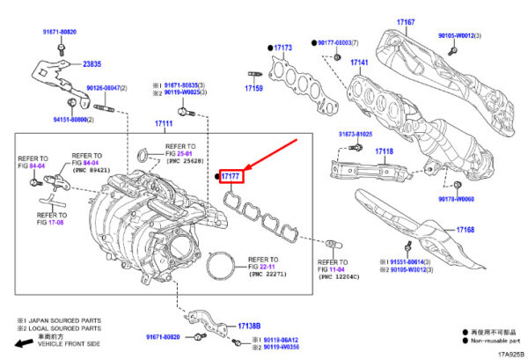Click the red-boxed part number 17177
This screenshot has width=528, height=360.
(231, 177)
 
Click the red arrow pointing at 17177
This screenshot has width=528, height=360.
(273, 151)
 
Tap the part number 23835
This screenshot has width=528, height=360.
(92, 64)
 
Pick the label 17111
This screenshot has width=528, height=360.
(163, 123)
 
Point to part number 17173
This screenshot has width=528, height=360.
(282, 48)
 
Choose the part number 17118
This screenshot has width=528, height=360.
(384, 151)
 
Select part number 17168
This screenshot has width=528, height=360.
(466, 230)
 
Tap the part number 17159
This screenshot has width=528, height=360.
(254, 89)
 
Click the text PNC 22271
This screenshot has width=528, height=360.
(267, 276)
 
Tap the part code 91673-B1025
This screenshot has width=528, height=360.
(352, 135)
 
